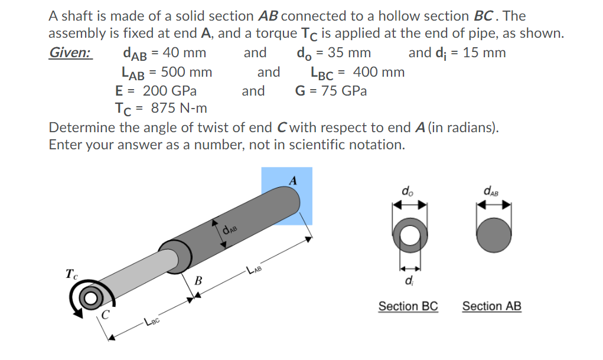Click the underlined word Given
coord(70,53)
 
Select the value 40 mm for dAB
coord(184,53)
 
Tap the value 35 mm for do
coord(349,53)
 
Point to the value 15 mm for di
coord(484,53)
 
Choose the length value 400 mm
coord(379,73)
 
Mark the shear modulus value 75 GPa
coord(344,91)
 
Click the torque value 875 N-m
coord(179,109)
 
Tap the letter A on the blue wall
coord(292,180)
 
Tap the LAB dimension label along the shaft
coord(254,271)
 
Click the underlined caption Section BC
coord(408,306)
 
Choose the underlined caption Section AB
coord(491,306)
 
